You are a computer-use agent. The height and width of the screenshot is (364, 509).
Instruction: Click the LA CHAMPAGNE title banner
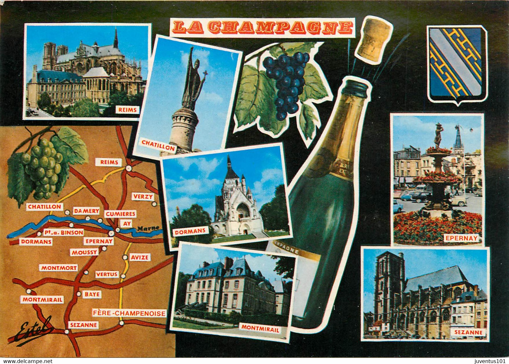click(262, 27)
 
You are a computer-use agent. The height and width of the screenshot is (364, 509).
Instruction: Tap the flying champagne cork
click(374, 40)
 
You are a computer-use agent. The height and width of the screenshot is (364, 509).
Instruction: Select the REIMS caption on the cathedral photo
click(128, 110)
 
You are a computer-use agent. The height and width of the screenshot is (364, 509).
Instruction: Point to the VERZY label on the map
click(143, 196)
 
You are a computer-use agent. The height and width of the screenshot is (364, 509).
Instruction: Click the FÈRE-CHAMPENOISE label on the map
click(129, 313)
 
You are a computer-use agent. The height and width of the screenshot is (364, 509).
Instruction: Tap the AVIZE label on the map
click(140, 257)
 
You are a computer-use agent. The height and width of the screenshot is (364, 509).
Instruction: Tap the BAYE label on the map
click(92, 294)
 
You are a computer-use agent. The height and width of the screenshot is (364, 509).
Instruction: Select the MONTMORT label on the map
click(59, 268)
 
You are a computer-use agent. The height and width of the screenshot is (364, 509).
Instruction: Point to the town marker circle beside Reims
click(129, 168)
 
